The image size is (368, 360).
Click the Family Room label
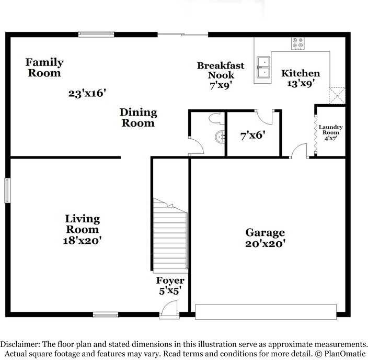[44, 67]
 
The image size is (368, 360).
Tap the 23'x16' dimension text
[87, 94]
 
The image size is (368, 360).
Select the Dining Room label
[138, 118]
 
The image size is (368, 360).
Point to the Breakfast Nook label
[220, 75]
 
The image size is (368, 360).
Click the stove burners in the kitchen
[298, 43]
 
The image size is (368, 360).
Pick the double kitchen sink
[263, 67]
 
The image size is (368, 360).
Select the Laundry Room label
[330, 132]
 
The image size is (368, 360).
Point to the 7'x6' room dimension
[253, 135]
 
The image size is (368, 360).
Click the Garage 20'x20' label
[266, 238]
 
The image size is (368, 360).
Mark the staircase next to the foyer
[170, 235]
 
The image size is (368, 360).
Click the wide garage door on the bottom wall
[266, 312]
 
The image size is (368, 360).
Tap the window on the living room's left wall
[7, 190]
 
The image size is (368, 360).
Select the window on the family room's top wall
[96, 35]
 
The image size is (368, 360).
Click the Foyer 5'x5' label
[170, 286]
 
